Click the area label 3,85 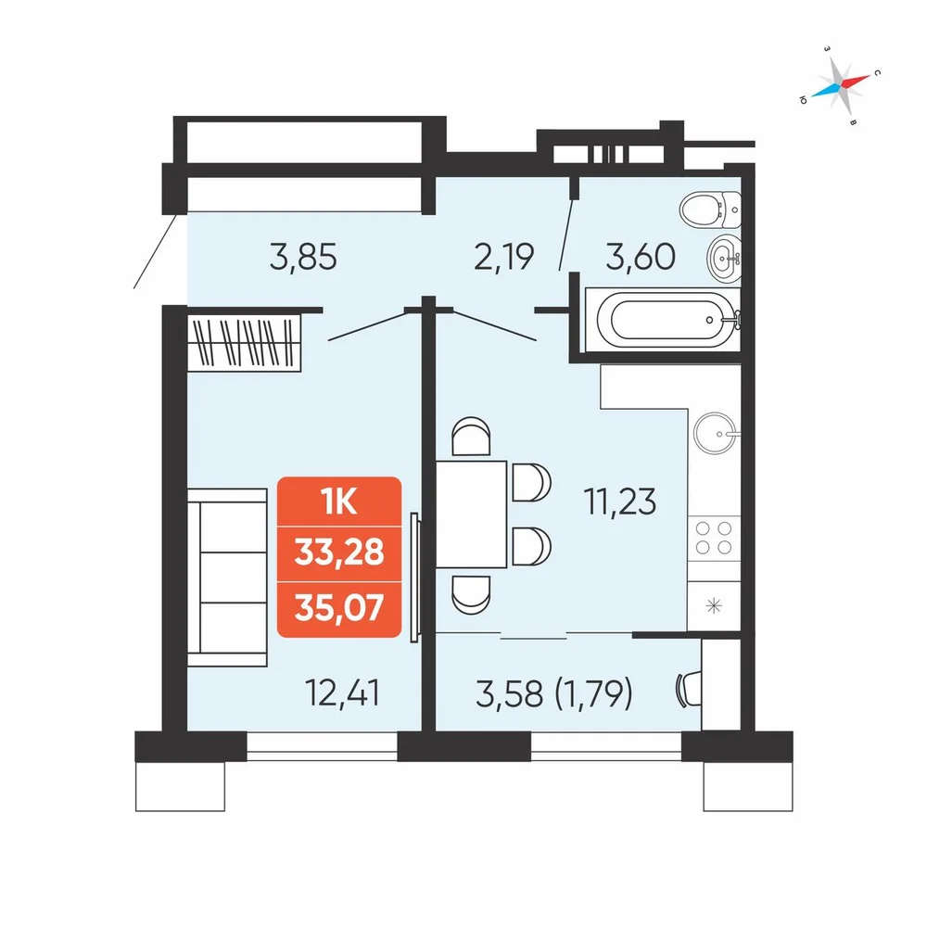[303, 258]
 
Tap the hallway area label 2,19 [503, 257]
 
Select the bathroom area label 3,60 [641, 257]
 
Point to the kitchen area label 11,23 [619, 502]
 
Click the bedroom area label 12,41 [342, 692]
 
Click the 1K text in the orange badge [338, 502]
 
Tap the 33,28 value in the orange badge [339, 552]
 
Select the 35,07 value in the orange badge [339, 608]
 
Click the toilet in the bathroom [710, 210]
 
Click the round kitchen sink [716, 433]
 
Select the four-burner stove [714, 538]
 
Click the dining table [471, 514]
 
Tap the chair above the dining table [471, 437]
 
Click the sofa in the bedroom [228, 578]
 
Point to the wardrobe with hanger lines [244, 342]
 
